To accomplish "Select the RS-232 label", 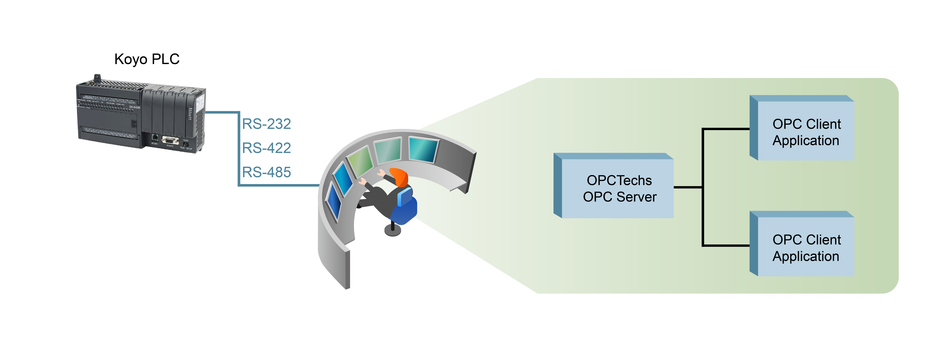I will click(266, 124).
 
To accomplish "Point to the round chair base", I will click(393, 230).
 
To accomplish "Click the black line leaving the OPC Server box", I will click(688, 187).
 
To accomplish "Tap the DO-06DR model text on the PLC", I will click(135, 107).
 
